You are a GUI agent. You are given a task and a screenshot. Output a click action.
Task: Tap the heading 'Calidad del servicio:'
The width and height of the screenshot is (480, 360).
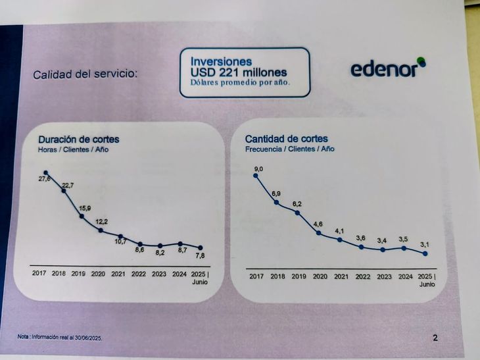[x=85, y=74]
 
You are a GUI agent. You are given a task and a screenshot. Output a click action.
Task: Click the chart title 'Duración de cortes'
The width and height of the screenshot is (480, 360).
[x=78, y=140]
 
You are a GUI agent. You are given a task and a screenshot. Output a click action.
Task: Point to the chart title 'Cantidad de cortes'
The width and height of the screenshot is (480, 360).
[x=286, y=139]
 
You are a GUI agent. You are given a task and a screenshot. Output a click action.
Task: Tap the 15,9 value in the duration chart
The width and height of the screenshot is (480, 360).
[x=84, y=209]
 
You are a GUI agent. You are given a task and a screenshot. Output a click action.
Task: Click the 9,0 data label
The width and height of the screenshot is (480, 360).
[x=258, y=170]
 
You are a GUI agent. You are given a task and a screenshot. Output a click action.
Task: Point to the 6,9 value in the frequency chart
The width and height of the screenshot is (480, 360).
[x=277, y=193]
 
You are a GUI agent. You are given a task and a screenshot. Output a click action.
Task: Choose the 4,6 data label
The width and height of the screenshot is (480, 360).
[x=318, y=224]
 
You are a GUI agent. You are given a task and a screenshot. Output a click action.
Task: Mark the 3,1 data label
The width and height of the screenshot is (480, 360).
[x=425, y=245]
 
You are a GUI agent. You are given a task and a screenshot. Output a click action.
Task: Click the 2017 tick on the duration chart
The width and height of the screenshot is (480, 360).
[x=39, y=274]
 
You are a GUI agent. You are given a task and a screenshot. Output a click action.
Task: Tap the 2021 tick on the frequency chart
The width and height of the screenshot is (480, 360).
[x=341, y=276]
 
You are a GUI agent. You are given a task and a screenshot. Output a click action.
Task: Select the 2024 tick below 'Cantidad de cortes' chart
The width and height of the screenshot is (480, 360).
[x=405, y=277]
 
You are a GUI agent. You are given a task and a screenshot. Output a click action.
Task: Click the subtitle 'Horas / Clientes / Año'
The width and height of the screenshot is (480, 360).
[x=73, y=150]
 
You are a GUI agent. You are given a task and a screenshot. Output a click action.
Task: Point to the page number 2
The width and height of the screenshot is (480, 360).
[x=435, y=338]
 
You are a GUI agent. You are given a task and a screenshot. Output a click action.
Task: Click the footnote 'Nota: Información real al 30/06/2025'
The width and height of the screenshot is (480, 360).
[x=60, y=337]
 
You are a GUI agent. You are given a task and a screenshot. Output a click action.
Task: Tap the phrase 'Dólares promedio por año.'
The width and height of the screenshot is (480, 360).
[x=240, y=84]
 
